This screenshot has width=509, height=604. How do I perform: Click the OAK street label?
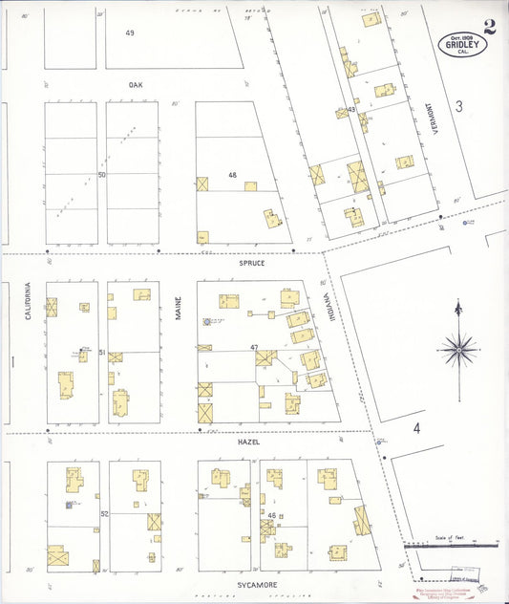(x=136, y=85)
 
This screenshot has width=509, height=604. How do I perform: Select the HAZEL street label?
(x=249, y=442)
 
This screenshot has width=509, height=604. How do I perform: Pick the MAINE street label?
(x=179, y=307)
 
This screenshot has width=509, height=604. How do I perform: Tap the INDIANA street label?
(x=333, y=304)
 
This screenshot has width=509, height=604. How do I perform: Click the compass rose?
(x=459, y=352)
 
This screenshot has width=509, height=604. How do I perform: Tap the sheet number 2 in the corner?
(x=489, y=26)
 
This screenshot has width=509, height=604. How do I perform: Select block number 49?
(x=129, y=33)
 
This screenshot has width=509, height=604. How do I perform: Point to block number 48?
(x=232, y=175)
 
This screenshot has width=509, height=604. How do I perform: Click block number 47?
(x=254, y=347)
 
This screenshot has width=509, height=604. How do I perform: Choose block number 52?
(x=103, y=514)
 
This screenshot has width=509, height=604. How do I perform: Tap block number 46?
(x=272, y=516)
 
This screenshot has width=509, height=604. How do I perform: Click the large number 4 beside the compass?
(x=416, y=427)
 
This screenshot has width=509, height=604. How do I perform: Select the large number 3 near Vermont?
(x=457, y=107)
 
